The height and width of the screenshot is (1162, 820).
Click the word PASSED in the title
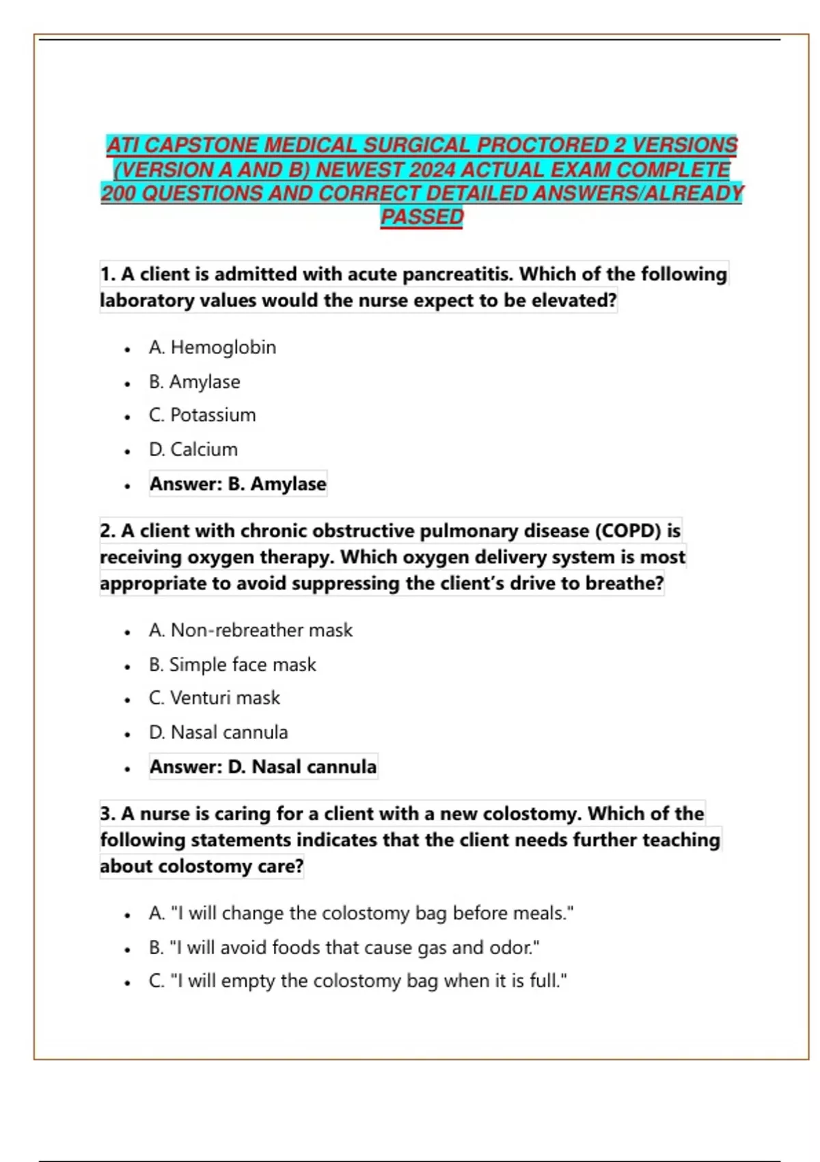(422, 217)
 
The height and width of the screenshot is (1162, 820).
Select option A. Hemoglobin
(213, 347)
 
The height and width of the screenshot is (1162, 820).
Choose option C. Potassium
(202, 415)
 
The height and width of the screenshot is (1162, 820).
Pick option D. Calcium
(193, 449)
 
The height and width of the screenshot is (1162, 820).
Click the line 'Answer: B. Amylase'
(238, 483)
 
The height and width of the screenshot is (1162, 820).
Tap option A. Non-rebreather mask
(251, 630)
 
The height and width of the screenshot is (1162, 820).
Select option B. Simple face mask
(232, 664)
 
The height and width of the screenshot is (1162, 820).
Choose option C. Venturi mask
(215, 698)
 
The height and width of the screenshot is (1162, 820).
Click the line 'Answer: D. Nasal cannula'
(263, 766)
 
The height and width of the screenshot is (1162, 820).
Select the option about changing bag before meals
(361, 913)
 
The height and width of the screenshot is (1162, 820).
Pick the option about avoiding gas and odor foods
(344, 947)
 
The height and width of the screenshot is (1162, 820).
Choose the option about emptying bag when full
(357, 981)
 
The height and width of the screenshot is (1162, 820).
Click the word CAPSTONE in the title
(202, 145)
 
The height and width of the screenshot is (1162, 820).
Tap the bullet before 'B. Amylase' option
(127, 383)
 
